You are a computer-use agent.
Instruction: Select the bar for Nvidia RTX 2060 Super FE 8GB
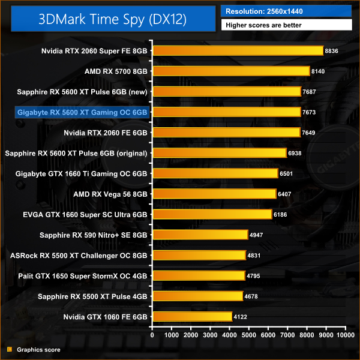tap(238, 51)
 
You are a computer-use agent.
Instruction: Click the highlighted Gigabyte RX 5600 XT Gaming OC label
tap(83, 112)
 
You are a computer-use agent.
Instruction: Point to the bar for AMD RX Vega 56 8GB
tap(214, 194)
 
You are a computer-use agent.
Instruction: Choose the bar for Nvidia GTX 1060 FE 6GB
tap(192, 316)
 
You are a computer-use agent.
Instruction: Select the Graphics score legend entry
tap(38, 349)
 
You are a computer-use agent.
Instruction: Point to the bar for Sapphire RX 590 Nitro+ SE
tap(200, 235)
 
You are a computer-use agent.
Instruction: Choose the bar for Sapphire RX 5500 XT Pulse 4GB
tap(197, 296)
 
